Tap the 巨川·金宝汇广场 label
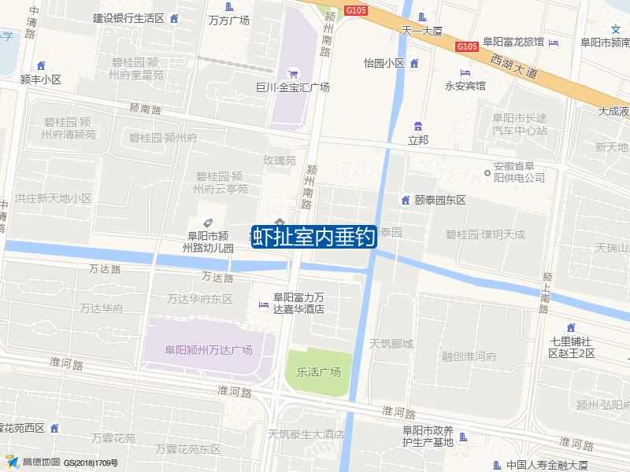293,87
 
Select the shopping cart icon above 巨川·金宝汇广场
293,73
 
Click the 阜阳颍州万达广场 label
209,350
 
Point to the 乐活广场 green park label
319,371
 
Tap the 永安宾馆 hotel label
465,86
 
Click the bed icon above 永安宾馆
465,72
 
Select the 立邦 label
418,139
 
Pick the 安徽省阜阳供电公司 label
519,172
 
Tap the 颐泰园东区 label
440,200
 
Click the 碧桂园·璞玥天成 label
485,234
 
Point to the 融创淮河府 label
469,356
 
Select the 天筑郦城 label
391,343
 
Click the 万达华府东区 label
200,299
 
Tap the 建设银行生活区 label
128,18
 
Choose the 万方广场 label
229,20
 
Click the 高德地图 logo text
41,462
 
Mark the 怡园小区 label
384,63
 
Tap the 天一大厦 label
423,31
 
